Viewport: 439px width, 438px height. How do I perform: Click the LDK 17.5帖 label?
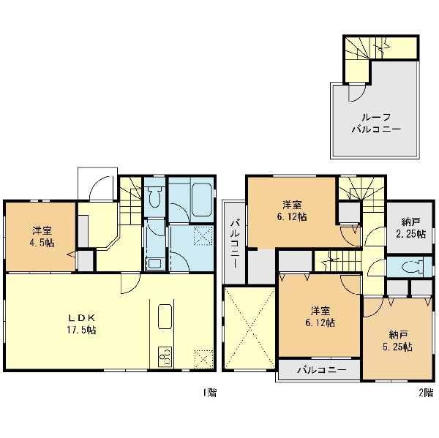click(x=81, y=324)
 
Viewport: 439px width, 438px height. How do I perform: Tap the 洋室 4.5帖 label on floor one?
click(x=42, y=237)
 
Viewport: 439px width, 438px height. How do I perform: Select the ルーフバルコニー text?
click(x=376, y=124)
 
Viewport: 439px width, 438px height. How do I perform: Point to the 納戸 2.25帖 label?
click(x=410, y=228)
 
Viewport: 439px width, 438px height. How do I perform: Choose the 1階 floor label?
click(x=210, y=393)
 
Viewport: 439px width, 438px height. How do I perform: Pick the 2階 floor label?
click(x=426, y=393)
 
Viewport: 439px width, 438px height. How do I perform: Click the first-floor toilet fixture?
click(x=154, y=196)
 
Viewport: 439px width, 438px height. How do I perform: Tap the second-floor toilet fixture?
click(x=413, y=267)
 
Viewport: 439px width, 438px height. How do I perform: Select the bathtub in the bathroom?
click(x=201, y=200)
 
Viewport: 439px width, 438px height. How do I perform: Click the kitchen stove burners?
click(x=165, y=357)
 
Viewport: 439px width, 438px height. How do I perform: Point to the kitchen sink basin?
click(x=165, y=317)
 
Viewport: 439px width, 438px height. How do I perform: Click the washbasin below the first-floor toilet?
click(x=154, y=264)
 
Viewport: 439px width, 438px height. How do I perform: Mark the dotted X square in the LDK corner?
click(x=204, y=359)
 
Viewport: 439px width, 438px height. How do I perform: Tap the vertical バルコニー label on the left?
click(x=235, y=243)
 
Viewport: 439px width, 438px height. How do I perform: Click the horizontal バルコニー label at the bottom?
click(x=322, y=370)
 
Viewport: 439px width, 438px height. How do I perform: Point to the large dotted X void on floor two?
click(x=249, y=328)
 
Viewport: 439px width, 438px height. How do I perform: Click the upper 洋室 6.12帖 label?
click(x=292, y=211)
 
